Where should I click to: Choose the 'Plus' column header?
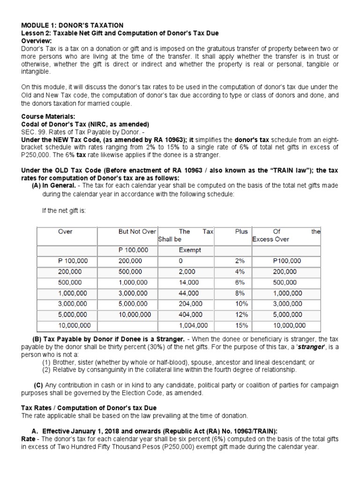click(241, 232)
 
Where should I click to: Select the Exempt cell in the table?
click(189, 250)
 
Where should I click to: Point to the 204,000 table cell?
click(190, 304)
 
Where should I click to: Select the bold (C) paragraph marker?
click(38, 385)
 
